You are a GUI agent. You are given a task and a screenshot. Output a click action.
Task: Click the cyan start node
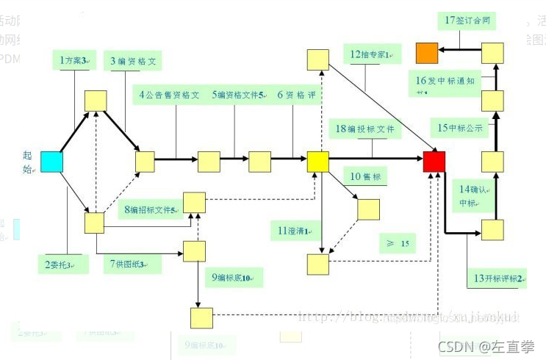[x=51, y=162]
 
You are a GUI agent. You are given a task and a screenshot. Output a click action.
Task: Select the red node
[x=434, y=162]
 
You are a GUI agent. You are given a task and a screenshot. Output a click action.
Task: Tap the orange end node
[x=427, y=53]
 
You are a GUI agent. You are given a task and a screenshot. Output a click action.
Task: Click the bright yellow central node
[x=317, y=162]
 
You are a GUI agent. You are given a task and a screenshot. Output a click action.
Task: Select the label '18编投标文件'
[x=364, y=129]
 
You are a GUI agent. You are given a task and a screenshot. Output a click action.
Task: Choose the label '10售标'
[x=365, y=176]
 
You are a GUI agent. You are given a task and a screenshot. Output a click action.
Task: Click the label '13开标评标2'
[x=498, y=278]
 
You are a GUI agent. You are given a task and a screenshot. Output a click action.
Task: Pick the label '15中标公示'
[x=461, y=128]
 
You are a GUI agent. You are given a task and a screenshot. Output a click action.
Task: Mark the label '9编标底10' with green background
[x=231, y=278]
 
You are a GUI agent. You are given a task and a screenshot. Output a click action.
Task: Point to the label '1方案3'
[x=73, y=60]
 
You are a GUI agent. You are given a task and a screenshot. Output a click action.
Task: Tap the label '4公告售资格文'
[x=170, y=95]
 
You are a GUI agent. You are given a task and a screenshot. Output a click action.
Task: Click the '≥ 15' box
[x=397, y=242]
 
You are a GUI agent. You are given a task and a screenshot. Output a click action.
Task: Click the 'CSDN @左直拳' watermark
[x=486, y=346]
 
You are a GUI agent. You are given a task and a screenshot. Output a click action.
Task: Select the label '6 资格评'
[x=296, y=95]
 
